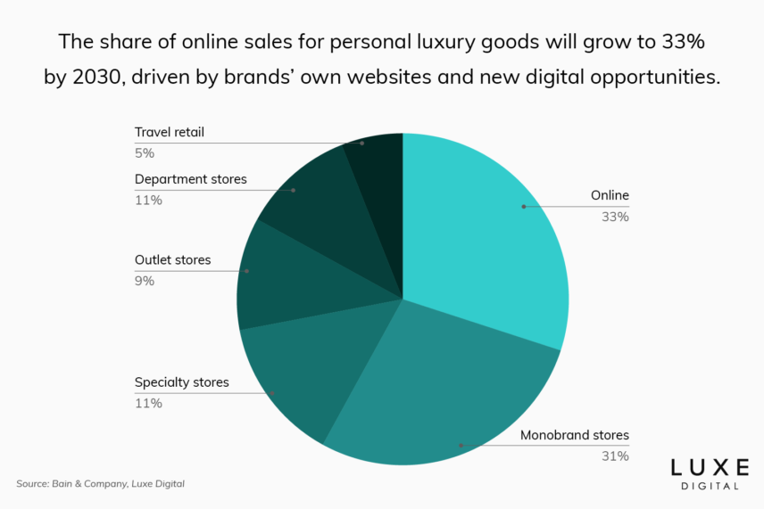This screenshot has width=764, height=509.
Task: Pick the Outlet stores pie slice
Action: click(x=277, y=276)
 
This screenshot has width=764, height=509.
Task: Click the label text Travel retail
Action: click(x=170, y=132)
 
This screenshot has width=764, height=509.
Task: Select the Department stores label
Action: click(x=190, y=179)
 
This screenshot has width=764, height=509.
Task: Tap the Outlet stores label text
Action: click(x=172, y=260)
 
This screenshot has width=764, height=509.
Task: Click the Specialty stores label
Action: click(x=181, y=382)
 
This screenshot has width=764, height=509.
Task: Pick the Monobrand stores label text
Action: click(x=575, y=436)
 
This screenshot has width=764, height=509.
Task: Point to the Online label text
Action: click(x=610, y=195)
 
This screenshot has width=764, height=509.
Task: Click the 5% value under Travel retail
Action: click(x=145, y=152)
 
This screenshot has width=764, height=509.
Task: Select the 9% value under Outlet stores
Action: click(x=145, y=281)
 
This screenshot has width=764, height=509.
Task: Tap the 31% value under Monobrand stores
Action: click(x=616, y=456)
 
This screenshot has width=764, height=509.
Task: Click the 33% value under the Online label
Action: click(x=616, y=216)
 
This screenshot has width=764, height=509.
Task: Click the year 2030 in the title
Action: click(x=94, y=77)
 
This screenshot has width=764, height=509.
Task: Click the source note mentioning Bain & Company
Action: click(x=100, y=484)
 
